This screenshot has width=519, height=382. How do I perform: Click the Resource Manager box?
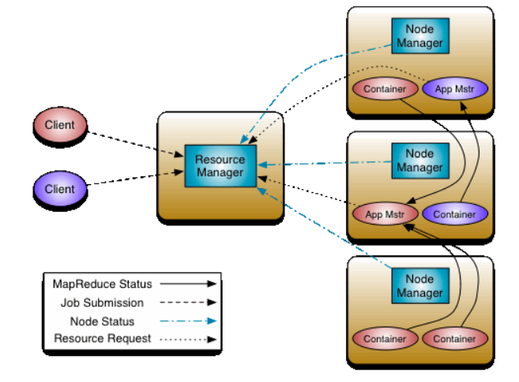[220, 165]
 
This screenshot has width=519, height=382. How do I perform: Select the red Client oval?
[59, 125]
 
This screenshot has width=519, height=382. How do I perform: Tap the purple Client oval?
[59, 189]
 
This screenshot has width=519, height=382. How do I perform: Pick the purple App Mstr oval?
[454, 89]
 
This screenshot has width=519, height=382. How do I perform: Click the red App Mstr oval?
[385, 214]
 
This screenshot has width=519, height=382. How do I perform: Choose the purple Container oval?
[455, 214]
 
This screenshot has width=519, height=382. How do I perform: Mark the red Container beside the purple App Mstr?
[385, 89]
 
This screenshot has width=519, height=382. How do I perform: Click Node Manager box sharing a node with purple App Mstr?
[419, 35]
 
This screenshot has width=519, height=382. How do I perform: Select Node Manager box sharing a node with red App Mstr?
[419, 161]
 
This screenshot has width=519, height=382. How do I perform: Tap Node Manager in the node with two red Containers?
[419, 286]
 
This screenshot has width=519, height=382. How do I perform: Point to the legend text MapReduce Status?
[103, 283]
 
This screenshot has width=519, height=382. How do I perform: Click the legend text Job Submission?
[103, 302]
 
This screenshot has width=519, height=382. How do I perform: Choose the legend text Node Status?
[103, 321]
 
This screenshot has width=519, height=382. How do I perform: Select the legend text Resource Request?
[103, 339]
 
